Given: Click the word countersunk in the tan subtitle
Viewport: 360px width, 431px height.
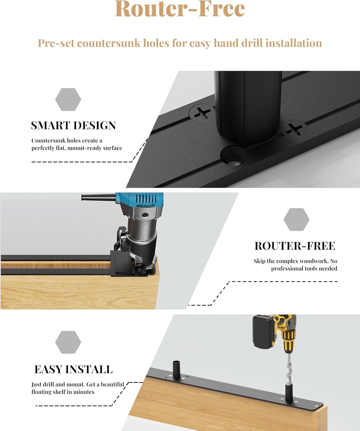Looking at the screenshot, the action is pyautogui.click(x=109, y=43).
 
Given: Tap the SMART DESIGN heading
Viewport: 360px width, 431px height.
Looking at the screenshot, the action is pyautogui.click(x=73, y=126).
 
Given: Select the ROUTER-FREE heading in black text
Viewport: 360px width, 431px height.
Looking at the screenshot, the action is pyautogui.click(x=295, y=246).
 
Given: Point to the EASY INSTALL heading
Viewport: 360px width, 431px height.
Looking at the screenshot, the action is pyautogui.click(x=73, y=369).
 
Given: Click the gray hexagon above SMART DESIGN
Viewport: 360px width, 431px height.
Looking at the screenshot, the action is pyautogui.click(x=68, y=99).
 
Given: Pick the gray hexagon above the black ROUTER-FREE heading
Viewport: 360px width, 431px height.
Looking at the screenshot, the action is pyautogui.click(x=297, y=220).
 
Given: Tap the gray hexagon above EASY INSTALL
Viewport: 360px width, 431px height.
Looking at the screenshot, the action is pyautogui.click(x=68, y=342).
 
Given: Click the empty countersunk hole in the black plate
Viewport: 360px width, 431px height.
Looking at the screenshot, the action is pyautogui.click(x=234, y=156).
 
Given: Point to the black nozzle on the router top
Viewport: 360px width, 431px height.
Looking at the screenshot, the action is pyautogui.click(x=98, y=197).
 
